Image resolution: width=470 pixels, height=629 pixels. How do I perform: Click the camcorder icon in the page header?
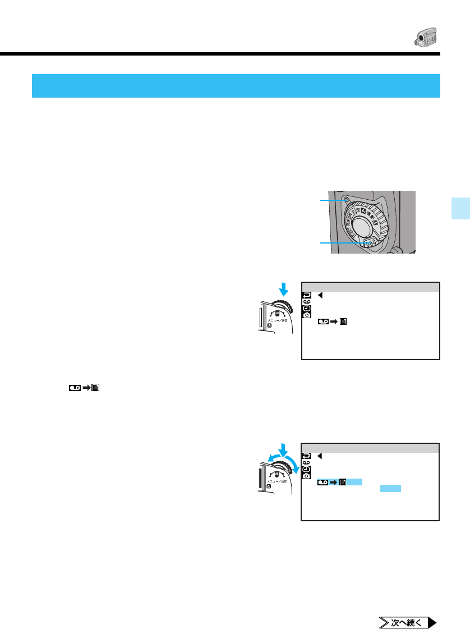[425, 38]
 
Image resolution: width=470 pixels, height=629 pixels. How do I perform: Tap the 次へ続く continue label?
[403, 622]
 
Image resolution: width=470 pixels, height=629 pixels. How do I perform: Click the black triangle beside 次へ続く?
[432, 622]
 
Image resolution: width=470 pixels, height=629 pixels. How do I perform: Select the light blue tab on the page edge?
[462, 208]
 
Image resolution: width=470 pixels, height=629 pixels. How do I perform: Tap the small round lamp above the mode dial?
[346, 199]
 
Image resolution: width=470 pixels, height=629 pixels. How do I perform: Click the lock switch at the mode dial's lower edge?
[370, 243]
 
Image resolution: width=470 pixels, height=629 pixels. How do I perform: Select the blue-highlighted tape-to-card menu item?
[339, 482]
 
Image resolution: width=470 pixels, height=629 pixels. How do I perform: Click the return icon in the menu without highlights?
[307, 295]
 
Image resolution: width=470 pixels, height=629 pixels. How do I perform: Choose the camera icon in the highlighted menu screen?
[307, 469]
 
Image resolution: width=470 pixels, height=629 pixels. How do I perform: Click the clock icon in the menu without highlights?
[307, 316]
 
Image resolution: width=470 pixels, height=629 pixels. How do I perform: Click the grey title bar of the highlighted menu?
[370, 448]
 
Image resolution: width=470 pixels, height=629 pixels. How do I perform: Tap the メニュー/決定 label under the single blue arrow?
[277, 322]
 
